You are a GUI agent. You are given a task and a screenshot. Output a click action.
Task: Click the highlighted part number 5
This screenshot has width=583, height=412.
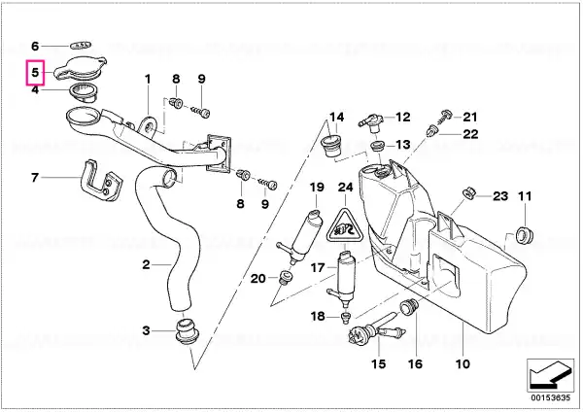coord(35,73)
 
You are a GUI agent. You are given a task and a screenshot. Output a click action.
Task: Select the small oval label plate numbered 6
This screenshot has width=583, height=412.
coord(81,46)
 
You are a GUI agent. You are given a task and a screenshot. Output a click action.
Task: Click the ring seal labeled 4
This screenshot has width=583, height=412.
coord(84,92)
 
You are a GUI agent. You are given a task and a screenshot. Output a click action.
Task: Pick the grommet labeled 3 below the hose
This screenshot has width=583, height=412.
coord(187,330)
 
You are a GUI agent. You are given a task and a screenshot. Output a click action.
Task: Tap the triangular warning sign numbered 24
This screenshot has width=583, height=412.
coord(345,224)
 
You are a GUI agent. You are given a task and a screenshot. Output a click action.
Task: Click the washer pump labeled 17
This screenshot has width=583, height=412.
coord(344,275)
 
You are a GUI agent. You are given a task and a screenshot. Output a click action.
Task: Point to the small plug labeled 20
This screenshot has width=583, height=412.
coord(286,278)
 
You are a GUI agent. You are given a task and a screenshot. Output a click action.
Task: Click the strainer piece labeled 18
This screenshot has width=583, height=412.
coord(346,318)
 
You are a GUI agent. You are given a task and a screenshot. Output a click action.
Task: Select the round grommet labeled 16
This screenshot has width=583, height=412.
coord(409,306)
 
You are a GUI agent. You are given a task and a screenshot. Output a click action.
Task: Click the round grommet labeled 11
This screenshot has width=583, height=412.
coord(525,234)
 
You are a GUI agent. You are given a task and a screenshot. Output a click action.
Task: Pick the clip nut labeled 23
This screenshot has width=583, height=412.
coord(469,193)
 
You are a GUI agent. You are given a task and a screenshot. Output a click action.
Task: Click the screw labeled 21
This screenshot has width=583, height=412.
coord(444,117)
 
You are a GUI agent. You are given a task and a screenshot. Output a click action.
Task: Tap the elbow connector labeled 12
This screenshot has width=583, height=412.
coord(372,122)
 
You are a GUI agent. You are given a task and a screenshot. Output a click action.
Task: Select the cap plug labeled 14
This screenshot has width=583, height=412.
coord(331,147)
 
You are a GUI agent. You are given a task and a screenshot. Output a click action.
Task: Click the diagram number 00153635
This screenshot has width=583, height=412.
coord(551,397)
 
